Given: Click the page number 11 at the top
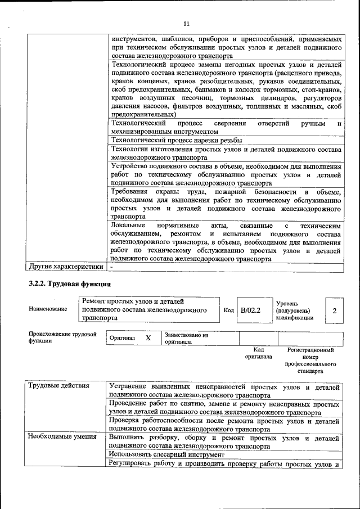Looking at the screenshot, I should click(187, 23).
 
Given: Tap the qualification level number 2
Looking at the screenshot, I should click(334, 310).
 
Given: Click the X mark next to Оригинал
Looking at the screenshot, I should click(148, 338).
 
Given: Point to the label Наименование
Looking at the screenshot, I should click(48, 309).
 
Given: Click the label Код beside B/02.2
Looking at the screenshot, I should click(228, 310).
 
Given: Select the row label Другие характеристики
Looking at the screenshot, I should click(66, 267).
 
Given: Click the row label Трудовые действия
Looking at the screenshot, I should click(58, 386).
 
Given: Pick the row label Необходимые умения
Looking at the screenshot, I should click(62, 436).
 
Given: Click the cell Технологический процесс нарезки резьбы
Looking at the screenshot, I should click(177, 140).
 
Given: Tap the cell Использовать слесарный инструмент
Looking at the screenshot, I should click(167, 454).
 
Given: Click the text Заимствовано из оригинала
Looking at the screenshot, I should click(186, 338).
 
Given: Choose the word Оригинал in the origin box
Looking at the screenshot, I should click(122, 338).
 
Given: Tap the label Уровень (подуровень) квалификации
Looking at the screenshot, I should click(294, 310).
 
